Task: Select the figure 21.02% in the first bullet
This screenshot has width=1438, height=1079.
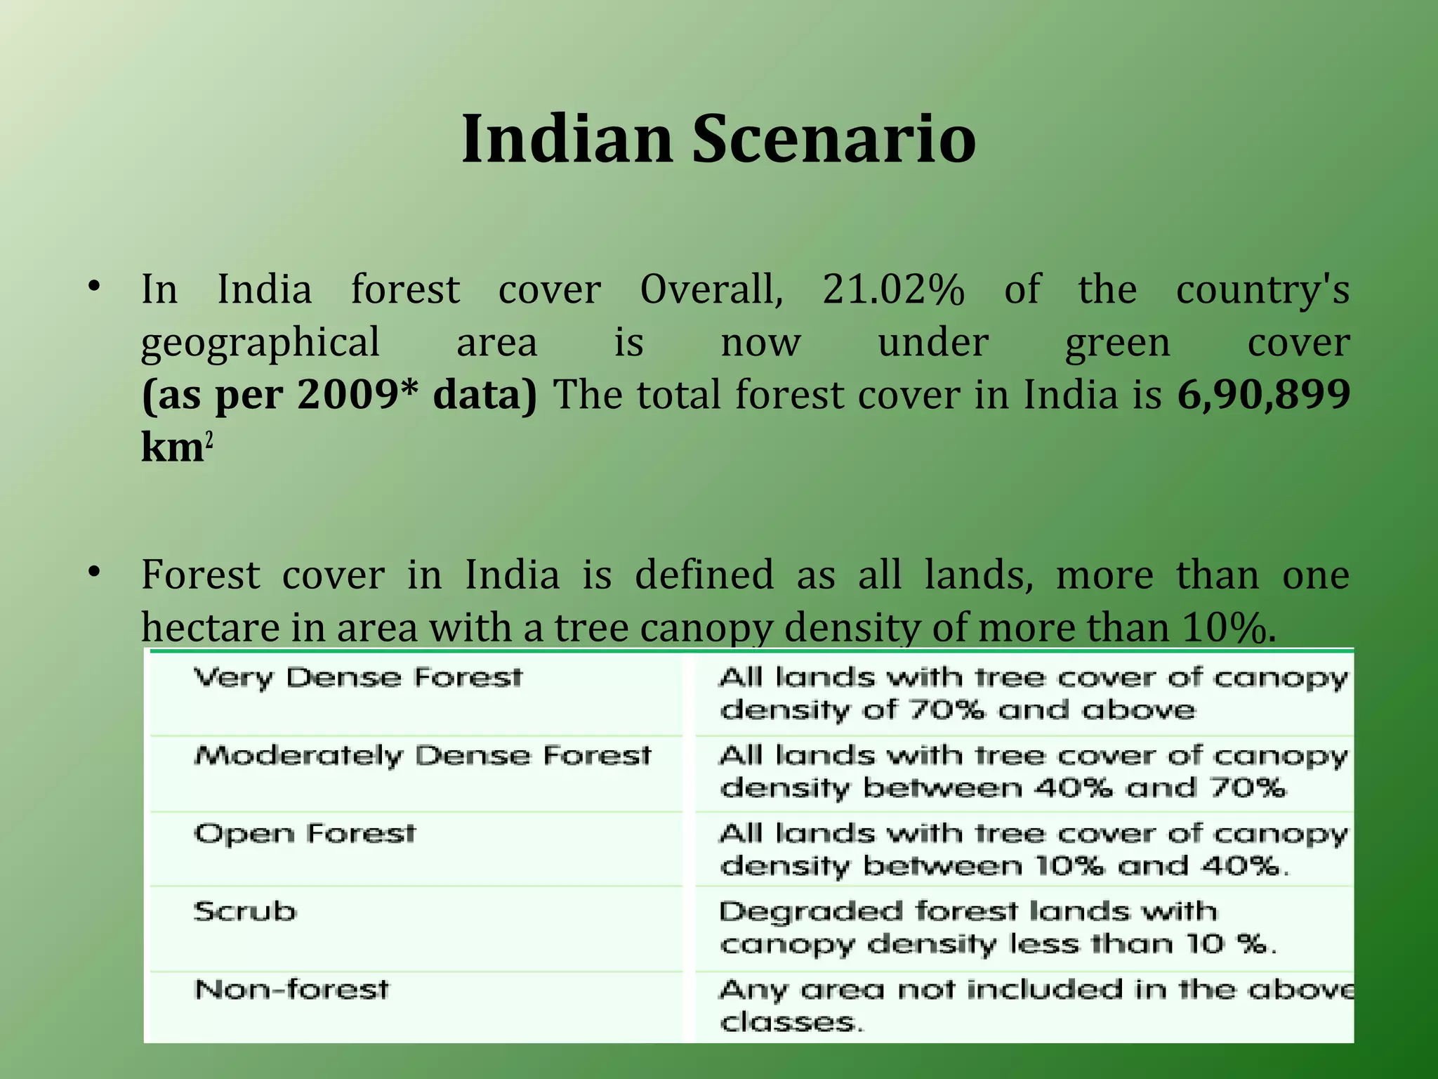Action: (893, 289)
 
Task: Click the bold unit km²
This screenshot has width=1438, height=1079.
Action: (176, 447)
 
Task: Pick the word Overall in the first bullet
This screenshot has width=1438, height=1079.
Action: (711, 289)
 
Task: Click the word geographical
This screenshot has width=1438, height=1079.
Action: (260, 343)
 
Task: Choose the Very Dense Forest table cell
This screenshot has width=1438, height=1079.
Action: (358, 677)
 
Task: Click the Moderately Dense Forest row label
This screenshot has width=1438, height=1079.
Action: (423, 756)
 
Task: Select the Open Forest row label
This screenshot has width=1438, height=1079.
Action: (305, 834)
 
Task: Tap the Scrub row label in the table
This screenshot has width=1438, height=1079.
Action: (245, 911)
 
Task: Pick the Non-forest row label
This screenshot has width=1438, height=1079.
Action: (291, 989)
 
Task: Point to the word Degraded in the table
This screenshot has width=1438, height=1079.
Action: (811, 911)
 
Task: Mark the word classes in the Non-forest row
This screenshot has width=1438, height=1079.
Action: (790, 1022)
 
